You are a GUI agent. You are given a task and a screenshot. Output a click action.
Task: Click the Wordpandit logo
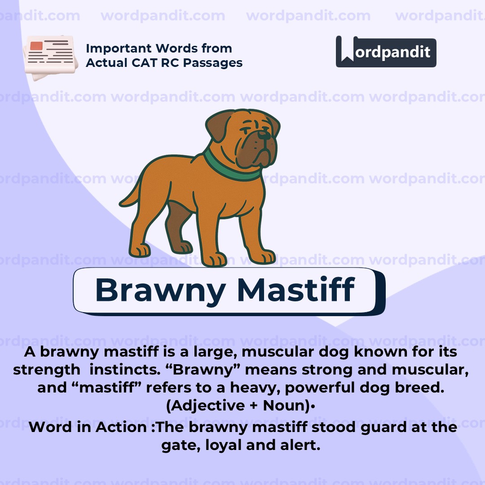click(386, 52)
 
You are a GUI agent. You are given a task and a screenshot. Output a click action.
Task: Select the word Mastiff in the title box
click(296, 290)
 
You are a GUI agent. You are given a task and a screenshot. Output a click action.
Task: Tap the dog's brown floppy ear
click(219, 127)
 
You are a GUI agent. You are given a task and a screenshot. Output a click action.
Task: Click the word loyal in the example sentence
click(220, 445)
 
